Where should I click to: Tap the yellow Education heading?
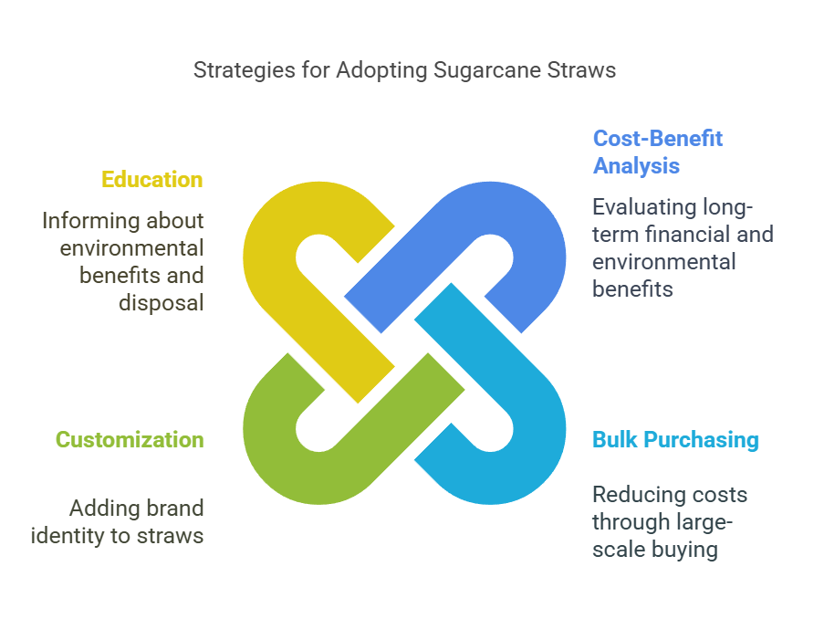click(x=151, y=180)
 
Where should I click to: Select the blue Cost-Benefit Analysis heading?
click(x=657, y=152)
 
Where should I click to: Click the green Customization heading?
click(x=130, y=440)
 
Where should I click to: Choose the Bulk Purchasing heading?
click(x=676, y=440)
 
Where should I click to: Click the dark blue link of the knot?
click(x=531, y=221)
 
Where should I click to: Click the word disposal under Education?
click(x=162, y=303)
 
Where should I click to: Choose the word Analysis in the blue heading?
click(x=636, y=166)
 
